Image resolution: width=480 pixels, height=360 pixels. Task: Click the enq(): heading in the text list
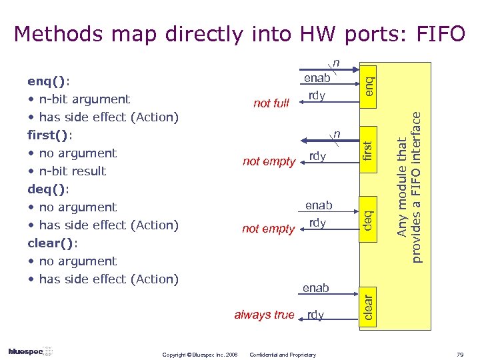click(x=49, y=81)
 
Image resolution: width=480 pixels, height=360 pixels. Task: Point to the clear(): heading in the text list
click(x=52, y=243)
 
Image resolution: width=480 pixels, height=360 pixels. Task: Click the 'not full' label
click(x=271, y=103)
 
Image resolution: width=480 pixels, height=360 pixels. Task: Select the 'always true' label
click(x=264, y=315)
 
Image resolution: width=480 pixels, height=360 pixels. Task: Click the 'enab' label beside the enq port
click(x=317, y=79)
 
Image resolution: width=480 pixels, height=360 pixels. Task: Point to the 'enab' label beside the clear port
click(x=315, y=288)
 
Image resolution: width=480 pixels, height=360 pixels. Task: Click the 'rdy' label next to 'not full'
click(x=317, y=96)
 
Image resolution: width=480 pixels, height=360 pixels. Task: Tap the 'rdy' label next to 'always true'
click(x=316, y=315)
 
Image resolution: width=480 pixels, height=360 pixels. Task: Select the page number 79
click(x=459, y=355)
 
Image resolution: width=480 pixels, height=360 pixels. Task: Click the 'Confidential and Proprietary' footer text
click(x=283, y=355)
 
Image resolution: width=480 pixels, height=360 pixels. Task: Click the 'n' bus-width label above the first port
click(x=337, y=135)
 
